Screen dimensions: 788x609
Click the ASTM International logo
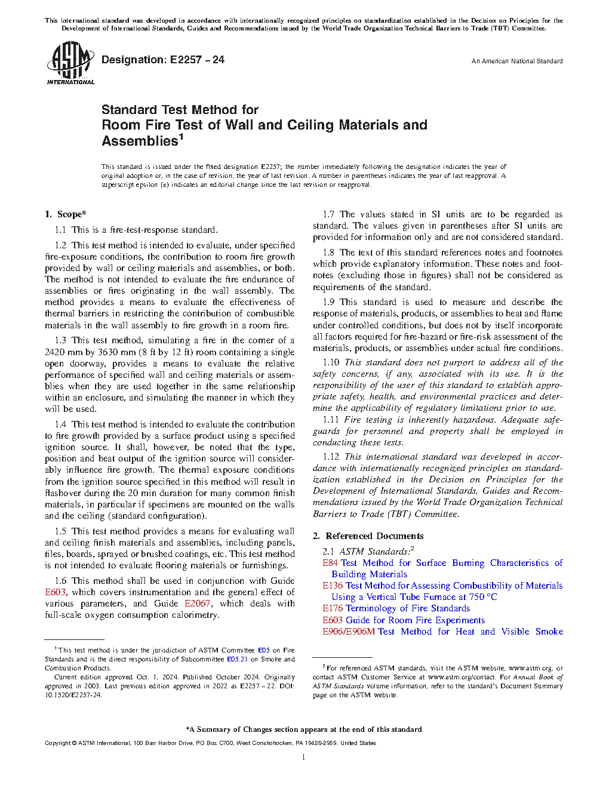70,63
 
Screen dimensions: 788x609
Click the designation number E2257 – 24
197,60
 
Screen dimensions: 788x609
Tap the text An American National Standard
516,61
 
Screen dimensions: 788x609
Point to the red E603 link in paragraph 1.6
56,592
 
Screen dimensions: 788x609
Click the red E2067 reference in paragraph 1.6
197,604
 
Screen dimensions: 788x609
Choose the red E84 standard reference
330,563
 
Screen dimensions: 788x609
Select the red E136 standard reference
333,586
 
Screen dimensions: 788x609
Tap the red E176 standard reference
333,608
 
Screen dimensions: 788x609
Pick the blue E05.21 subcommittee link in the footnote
237,659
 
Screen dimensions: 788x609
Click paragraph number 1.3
60,340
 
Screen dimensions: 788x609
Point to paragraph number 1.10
331,362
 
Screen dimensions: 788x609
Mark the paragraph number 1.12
331,457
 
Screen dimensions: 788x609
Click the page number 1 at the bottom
304,758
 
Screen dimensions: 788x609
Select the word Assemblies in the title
140,141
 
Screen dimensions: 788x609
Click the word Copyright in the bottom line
57,743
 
